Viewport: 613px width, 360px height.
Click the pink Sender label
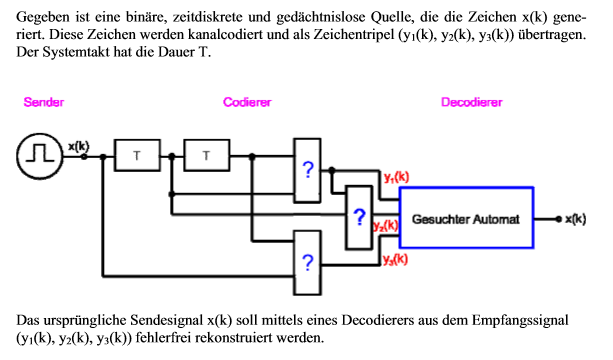click(43, 102)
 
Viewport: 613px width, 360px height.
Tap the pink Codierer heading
click(247, 102)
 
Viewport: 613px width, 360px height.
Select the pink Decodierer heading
click(471, 102)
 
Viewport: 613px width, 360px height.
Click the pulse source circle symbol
click(39, 156)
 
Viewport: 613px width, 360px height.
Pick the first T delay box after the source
click(137, 155)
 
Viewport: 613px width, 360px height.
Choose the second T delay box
click(207, 155)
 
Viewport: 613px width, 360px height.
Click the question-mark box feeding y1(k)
click(308, 170)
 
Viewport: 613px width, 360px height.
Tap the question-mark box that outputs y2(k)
click(359, 217)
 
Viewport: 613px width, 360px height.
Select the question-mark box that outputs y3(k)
click(308, 263)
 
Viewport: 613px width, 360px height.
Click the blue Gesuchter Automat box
click(466, 217)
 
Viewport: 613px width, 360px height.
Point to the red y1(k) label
click(396, 177)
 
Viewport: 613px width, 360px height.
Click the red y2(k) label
click(385, 226)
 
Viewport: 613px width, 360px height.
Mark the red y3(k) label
click(395, 259)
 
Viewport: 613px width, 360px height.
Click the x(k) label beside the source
click(79, 146)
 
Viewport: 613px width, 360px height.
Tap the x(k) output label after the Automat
click(575, 219)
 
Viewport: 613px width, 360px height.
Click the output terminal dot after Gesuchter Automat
click(559, 219)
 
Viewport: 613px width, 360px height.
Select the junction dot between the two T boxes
click(172, 156)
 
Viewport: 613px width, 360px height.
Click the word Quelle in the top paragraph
click(393, 17)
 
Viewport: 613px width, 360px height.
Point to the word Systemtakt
click(76, 52)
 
